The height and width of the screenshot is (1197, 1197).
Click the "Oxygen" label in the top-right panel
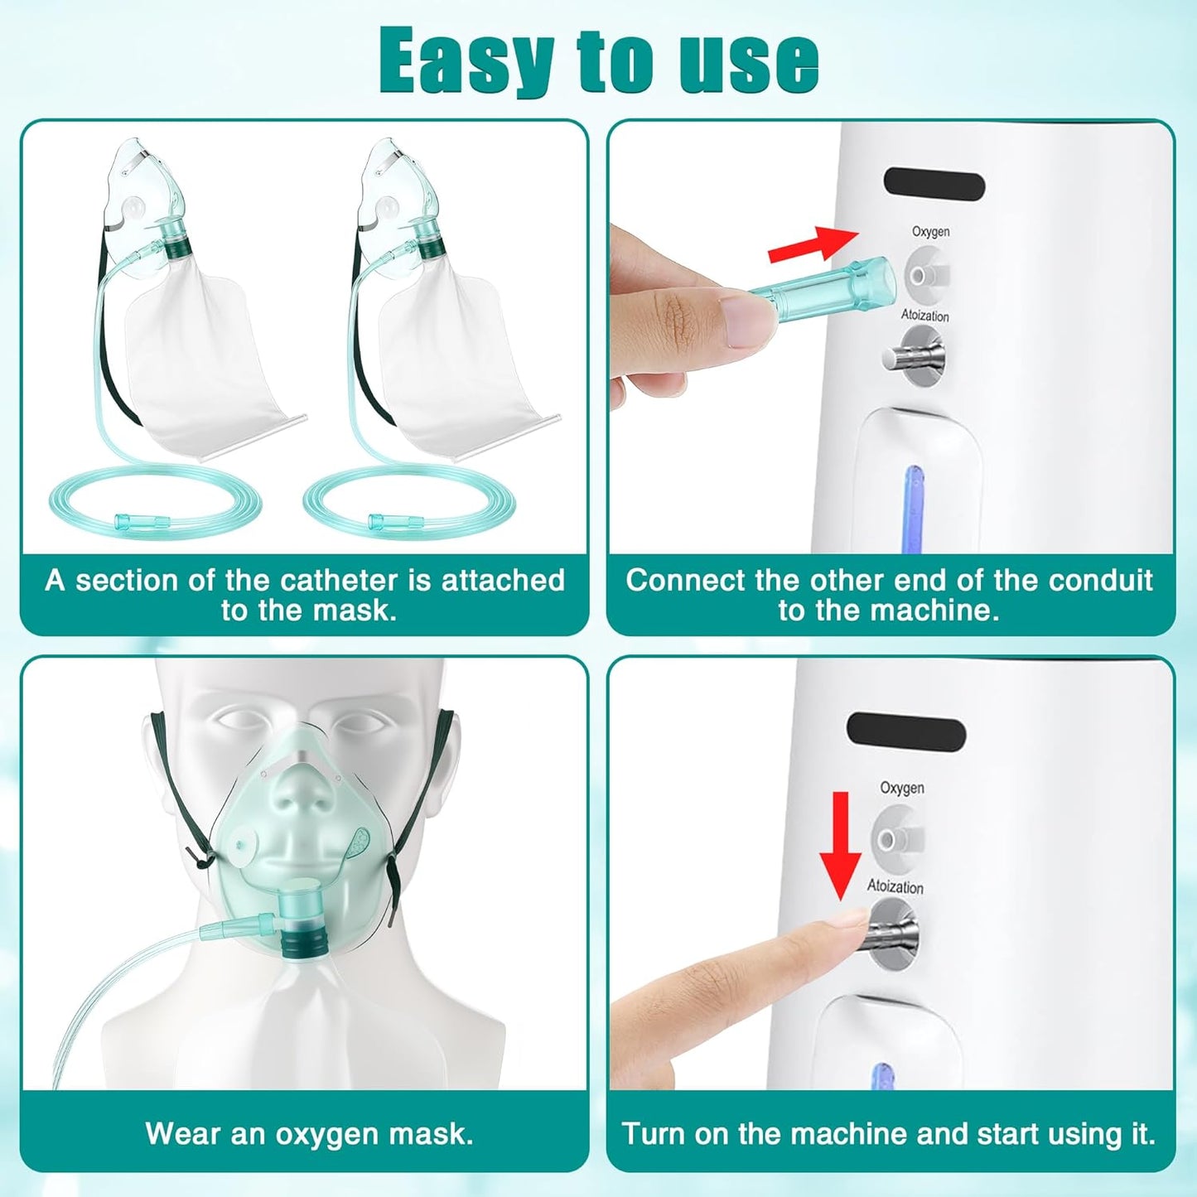point(930,231)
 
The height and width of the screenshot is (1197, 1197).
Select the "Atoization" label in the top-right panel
point(924,316)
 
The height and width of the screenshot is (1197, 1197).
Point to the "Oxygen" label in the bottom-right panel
point(901,787)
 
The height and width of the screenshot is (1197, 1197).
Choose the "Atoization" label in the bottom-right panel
point(895,886)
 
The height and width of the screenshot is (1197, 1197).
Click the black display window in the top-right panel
point(934,184)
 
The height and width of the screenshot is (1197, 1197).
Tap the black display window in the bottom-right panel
point(906,733)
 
